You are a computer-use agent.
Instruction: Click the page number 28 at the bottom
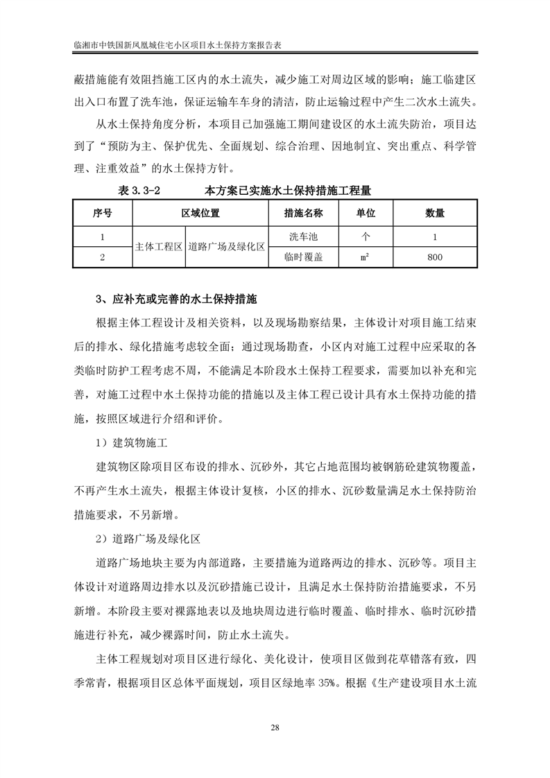coord(275,727)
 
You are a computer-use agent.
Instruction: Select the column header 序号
coord(102,213)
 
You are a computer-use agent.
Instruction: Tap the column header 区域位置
coord(201,213)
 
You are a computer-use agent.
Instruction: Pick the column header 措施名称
coord(304,213)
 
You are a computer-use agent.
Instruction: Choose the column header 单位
coord(366,213)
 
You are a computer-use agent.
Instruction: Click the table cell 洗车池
coord(304,236)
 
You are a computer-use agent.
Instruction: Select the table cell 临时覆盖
coord(304,257)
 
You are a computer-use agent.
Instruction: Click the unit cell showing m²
coord(366,257)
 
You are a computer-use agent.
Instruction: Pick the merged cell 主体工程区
coord(158,247)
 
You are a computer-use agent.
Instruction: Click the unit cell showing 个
coord(366,236)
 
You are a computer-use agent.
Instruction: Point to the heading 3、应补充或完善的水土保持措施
coord(176,300)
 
